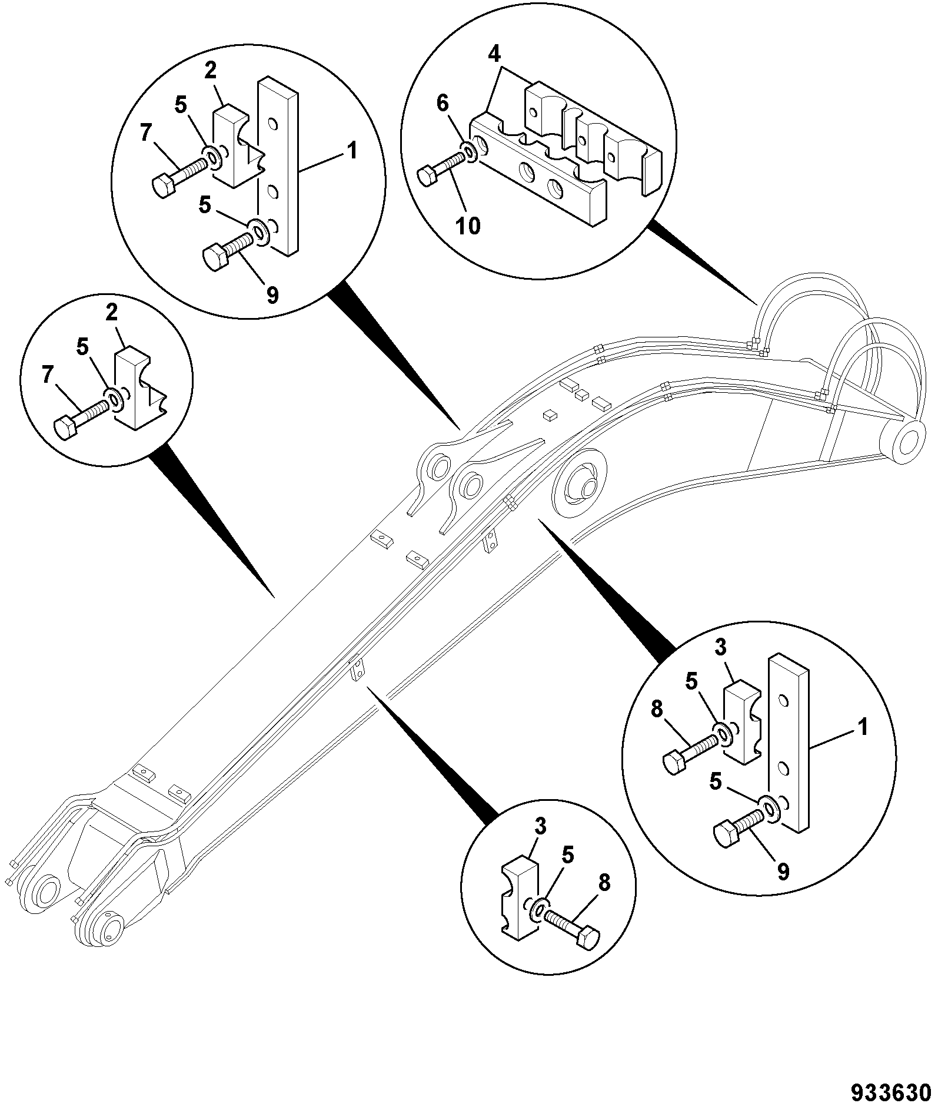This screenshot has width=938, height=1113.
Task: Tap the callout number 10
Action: (x=468, y=225)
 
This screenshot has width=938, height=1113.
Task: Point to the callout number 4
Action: (x=494, y=55)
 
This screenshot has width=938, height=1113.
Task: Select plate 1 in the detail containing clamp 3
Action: (x=788, y=743)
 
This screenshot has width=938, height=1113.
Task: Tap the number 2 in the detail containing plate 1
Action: (x=211, y=72)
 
